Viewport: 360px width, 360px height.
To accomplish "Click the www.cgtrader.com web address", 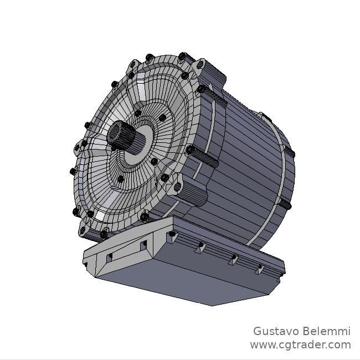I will point(300,345).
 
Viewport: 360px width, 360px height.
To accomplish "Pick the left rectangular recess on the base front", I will point(110,256).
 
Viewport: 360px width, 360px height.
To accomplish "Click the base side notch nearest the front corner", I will point(198,248).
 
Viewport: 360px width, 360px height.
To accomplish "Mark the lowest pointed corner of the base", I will point(211,305).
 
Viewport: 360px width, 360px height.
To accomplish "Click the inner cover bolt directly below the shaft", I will point(120,179).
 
